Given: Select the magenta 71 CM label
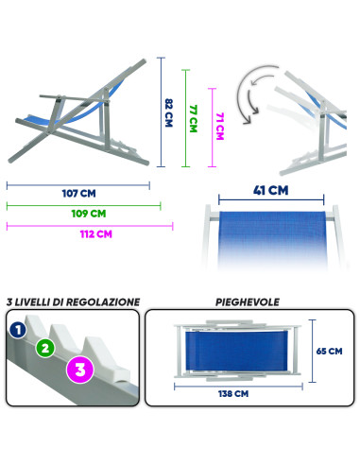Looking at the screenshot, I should (220, 124).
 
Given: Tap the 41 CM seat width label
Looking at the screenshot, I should (271, 190).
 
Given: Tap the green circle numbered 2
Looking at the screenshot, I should (43, 347).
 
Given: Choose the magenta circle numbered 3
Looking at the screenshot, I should (79, 370).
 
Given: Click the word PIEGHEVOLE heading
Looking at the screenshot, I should (247, 302).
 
